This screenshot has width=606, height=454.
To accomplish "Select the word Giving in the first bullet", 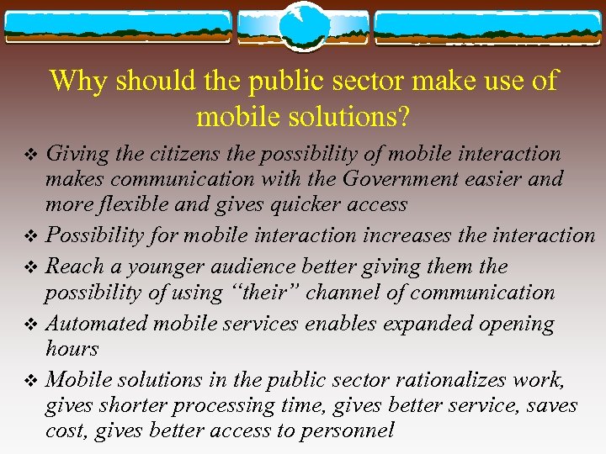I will [82, 154].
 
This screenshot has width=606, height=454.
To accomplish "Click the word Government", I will [401, 179].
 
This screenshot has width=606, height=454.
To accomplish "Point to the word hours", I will [72, 349].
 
